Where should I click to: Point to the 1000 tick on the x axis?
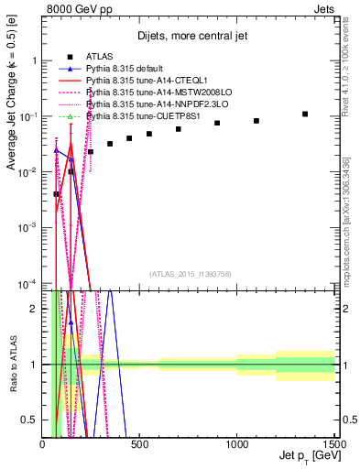click(x=237, y=444)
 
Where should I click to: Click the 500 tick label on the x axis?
click(x=140, y=444)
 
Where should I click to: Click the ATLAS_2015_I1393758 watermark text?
click(x=190, y=273)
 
